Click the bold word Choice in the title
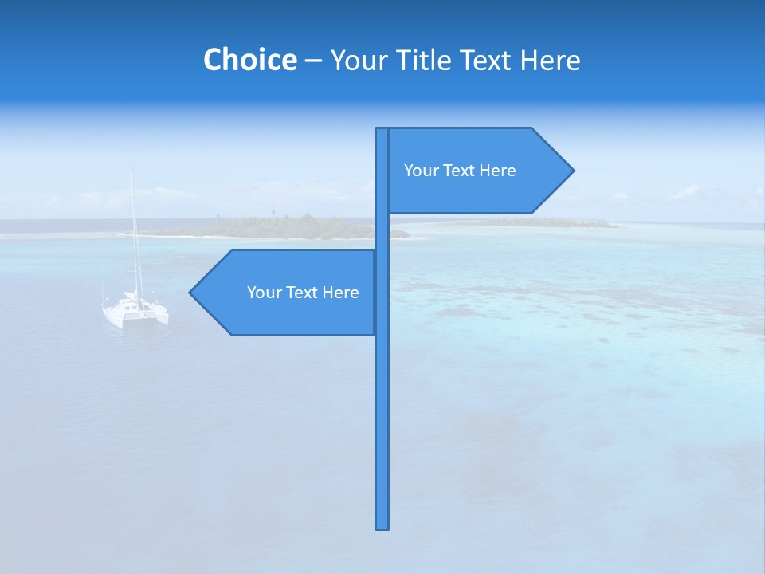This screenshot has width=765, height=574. coord(249,60)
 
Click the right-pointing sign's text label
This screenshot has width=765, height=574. coord(460,171)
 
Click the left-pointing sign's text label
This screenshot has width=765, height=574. coord(303,293)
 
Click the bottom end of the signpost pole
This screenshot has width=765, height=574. coord(382,526)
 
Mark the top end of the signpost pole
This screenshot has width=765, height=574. coord(382,130)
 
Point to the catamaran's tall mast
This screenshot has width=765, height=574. coord(134,231)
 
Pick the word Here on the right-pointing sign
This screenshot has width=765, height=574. coord(497,171)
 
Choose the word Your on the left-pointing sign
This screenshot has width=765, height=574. coord(264,293)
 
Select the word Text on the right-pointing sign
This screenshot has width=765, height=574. coord(460,171)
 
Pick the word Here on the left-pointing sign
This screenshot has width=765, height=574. coord(340,293)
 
